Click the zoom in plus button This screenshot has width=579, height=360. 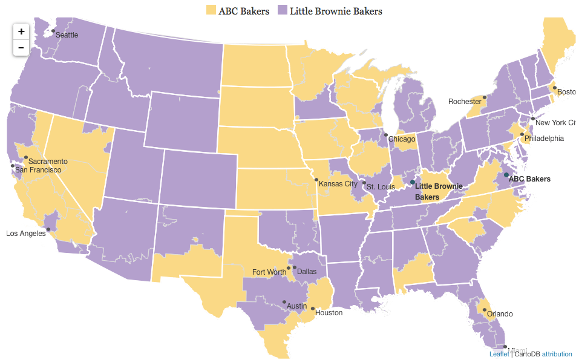[21, 31]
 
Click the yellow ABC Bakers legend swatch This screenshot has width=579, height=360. [211, 10]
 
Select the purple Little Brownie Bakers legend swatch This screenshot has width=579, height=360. [283, 10]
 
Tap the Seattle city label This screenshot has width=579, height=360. [67, 35]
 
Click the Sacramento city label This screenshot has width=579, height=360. [48, 162]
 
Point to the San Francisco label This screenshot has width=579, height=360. [38, 170]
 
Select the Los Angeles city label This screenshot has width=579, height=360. [26, 234]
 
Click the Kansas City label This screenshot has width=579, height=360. [338, 184]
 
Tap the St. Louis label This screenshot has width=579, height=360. [381, 186]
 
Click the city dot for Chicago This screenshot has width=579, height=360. [385, 135]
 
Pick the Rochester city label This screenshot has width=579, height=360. [465, 102]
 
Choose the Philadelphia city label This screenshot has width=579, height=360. [544, 139]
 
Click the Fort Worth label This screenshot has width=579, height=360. [269, 272]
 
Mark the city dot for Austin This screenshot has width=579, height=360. [284, 302]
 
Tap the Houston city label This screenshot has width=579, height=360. [329, 313]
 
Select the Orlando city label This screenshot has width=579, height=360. [500, 314]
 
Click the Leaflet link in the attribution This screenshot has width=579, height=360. [499, 354]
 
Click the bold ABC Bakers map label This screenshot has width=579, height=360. [529, 179]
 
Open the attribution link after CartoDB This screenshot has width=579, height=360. [557, 354]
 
